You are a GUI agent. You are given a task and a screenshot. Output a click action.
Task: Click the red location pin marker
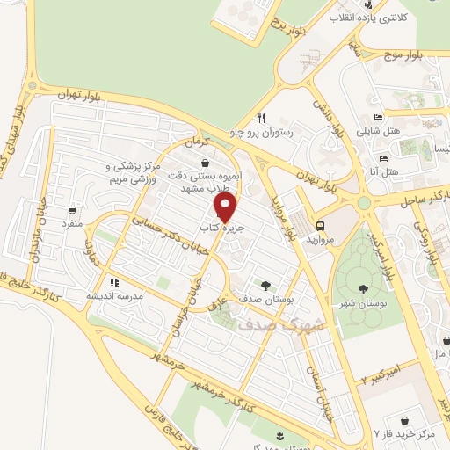[x=225, y=208]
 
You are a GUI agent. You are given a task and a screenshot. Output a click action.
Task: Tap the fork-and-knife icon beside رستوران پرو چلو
[x=261, y=118]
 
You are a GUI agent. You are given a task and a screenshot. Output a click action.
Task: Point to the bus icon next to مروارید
[x=321, y=225]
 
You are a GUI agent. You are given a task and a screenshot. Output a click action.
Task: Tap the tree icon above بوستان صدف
[x=265, y=285]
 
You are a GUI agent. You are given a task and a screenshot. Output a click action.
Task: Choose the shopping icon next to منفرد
[x=71, y=210]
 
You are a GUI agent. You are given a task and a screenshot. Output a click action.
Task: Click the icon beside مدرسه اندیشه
[x=114, y=282]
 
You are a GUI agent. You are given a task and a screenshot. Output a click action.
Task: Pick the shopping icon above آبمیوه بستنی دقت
[x=205, y=163]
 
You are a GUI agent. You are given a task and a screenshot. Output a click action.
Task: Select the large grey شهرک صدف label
[x=269, y=324]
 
